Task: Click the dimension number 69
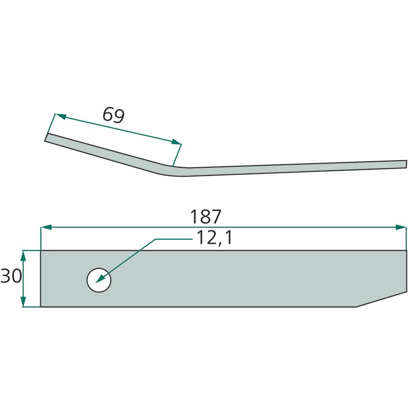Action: click(113, 115)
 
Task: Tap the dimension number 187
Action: click(206, 216)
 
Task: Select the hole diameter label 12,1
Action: click(214, 238)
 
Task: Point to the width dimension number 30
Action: click(11, 276)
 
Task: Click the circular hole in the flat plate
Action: click(99, 280)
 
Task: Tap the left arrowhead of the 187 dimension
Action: click(46, 227)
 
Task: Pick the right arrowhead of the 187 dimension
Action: click(401, 227)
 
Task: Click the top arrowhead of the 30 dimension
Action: click(23, 257)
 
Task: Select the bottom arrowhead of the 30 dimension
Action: click(23, 301)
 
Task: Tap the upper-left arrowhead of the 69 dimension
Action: click(61, 116)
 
